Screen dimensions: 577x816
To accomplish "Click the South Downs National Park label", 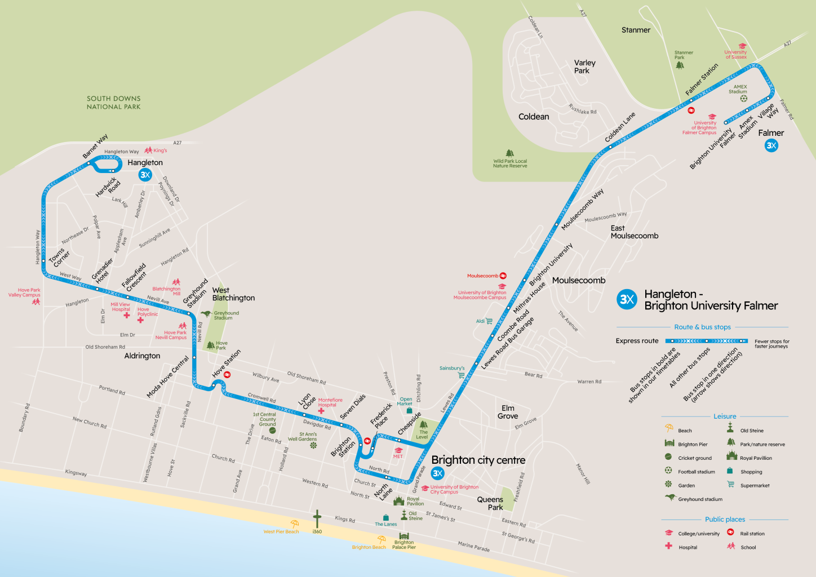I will [113, 103].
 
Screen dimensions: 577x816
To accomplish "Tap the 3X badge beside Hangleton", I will [145, 175].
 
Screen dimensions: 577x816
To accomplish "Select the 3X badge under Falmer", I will [771, 146].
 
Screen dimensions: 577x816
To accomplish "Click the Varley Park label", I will [584, 66].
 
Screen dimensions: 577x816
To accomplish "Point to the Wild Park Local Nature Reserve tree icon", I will [510, 153].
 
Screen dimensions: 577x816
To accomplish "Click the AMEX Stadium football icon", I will [743, 99].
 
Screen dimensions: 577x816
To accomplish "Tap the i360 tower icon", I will [317, 518].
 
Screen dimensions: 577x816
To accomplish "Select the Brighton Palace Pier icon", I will [403, 536].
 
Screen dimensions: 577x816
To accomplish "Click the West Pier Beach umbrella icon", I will [294, 524].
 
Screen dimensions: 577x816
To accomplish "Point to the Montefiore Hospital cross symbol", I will [321, 411].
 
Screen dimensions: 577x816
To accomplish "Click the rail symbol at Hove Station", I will [227, 375].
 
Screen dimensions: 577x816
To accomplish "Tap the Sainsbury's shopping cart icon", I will [461, 375].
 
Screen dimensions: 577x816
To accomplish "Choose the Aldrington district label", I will [142, 356].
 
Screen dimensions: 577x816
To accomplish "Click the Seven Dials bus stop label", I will [353, 406].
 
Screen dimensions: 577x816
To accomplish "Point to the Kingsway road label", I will [76, 473].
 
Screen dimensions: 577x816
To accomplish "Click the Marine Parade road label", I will [473, 546].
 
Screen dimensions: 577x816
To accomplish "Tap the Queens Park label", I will [490, 503].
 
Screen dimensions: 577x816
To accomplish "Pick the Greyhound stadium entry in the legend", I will [700, 499].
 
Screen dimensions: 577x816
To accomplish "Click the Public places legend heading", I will [725, 520].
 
